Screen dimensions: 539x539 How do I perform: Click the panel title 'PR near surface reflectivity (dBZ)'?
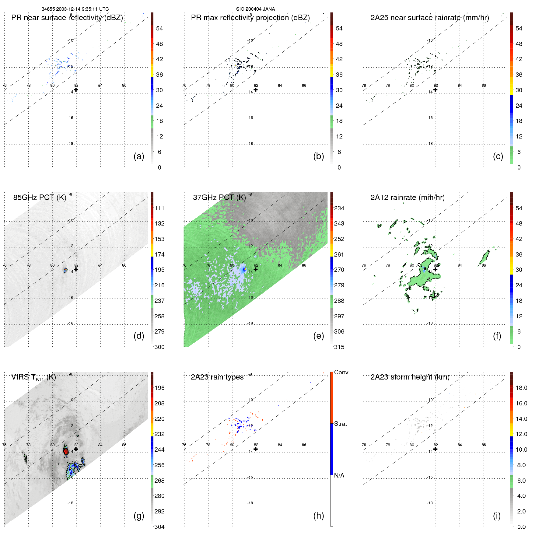pos(67,18)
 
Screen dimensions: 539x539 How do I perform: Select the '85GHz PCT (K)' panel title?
pos(40,198)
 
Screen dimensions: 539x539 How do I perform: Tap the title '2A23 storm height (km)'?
pos(410,377)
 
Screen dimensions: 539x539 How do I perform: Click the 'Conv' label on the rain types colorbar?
pos(341,372)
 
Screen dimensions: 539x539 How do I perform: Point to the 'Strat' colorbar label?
pos(340,424)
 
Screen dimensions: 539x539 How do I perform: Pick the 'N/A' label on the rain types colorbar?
pos(339,475)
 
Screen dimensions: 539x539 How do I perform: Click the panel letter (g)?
pos(139,516)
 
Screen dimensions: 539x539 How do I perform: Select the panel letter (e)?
pos(318,336)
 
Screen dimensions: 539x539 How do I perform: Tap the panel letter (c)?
pos(498,156)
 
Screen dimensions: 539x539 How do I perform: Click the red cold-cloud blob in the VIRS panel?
pos(66,451)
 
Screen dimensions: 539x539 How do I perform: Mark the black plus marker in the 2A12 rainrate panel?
pos(435,269)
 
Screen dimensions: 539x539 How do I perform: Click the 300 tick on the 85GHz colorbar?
pos(159,347)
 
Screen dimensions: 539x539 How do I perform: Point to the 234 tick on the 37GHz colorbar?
pos(339,208)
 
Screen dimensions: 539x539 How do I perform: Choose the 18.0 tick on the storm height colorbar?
pos(521,388)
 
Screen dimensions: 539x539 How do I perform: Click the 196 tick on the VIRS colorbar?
pos(159,388)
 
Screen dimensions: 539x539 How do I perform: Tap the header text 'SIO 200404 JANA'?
pos(255,9)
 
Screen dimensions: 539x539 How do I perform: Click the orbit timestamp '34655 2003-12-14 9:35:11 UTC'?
pos(75,9)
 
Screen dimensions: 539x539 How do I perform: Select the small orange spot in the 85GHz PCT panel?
pos(65,270)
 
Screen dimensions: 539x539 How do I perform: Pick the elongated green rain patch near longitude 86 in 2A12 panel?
pos(485,257)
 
